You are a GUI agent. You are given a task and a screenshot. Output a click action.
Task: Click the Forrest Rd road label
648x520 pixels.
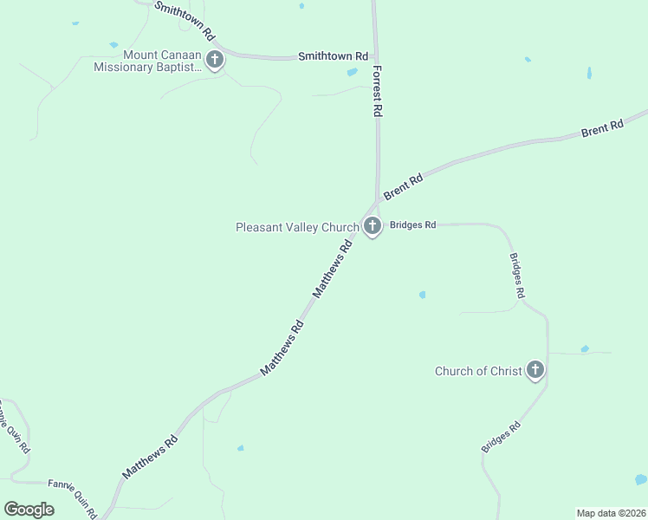click(378, 91)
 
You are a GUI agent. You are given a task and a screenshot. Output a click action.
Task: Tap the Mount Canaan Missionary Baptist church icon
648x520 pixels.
click(215, 60)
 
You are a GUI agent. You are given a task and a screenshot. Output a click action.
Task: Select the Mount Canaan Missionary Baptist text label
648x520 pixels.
click(148, 61)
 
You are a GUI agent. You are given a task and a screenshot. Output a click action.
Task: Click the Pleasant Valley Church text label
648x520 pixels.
click(297, 228)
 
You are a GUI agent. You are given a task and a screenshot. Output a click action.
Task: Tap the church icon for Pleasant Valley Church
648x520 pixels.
click(372, 227)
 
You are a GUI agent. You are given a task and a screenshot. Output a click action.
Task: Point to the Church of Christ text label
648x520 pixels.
click(478, 372)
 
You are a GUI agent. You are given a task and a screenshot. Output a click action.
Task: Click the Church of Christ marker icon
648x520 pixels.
click(535, 371)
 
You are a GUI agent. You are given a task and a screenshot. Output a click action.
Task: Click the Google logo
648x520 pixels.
click(29, 510)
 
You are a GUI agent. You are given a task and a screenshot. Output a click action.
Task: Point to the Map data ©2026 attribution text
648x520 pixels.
click(611, 512)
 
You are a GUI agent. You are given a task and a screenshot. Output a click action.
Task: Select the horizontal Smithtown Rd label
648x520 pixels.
click(326, 56)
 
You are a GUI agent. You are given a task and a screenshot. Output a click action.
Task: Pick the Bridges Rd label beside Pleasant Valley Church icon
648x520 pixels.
click(412, 224)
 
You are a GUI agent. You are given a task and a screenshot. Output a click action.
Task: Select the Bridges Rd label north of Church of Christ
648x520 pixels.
click(517, 276)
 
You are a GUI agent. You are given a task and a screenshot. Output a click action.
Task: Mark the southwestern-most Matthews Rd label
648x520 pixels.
click(150, 457)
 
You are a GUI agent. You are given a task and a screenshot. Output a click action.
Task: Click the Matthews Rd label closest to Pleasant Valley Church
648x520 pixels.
click(333, 270)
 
